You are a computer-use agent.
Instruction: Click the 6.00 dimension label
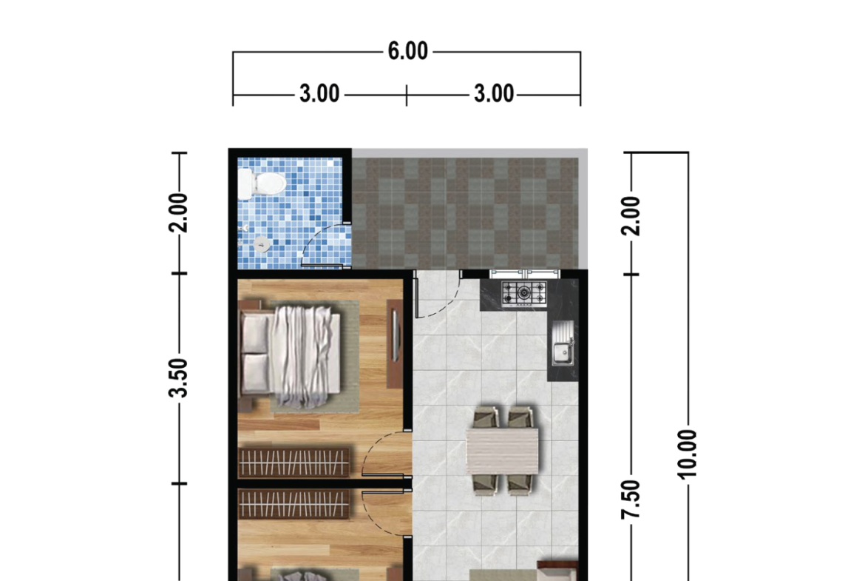[x=407, y=51]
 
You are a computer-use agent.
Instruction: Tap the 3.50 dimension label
[x=179, y=377]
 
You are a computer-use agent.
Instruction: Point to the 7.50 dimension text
[x=631, y=500]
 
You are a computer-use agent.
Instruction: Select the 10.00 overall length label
[x=687, y=454]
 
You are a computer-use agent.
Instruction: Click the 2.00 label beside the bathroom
[x=179, y=212]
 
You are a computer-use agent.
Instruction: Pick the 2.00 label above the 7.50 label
[x=631, y=216]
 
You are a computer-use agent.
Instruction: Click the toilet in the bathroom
[x=262, y=183]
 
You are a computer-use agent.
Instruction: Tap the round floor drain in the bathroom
[x=262, y=244]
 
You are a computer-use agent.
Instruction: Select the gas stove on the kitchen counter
[x=524, y=293]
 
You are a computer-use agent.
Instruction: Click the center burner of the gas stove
[x=524, y=292]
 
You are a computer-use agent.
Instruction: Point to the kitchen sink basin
[x=562, y=354]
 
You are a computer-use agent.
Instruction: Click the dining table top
[x=503, y=450]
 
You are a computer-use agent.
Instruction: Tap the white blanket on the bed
[x=305, y=356]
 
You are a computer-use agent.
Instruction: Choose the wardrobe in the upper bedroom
[x=294, y=463]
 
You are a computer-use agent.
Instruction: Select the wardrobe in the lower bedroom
[x=294, y=504]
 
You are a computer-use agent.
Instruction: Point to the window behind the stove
[x=525, y=274]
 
